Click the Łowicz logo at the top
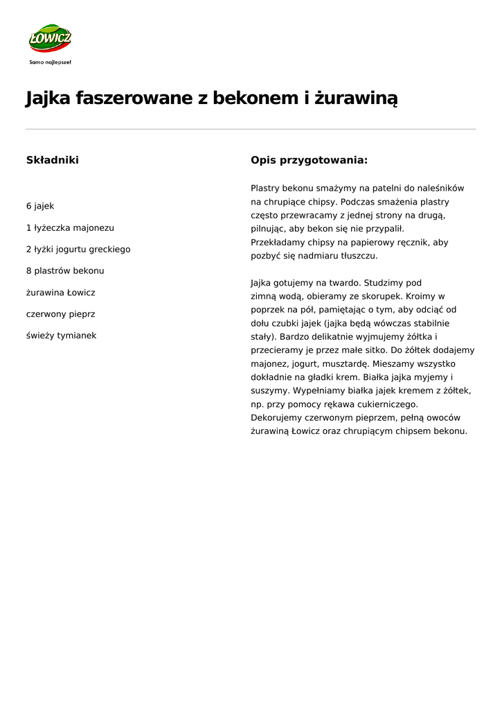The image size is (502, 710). (50, 39)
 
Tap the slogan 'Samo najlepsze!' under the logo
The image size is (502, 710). (50, 62)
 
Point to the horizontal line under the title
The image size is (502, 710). (251, 129)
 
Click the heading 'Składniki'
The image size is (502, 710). (53, 160)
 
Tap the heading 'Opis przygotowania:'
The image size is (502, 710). (309, 160)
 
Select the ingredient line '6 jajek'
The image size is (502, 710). (40, 206)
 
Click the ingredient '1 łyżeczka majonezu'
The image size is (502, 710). (70, 227)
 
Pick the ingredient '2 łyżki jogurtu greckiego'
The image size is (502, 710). (78, 249)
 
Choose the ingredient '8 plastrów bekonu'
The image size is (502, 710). (65, 270)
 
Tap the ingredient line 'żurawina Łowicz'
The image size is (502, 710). (61, 293)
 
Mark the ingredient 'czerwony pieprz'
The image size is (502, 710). (61, 314)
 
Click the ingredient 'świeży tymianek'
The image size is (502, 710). (62, 336)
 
